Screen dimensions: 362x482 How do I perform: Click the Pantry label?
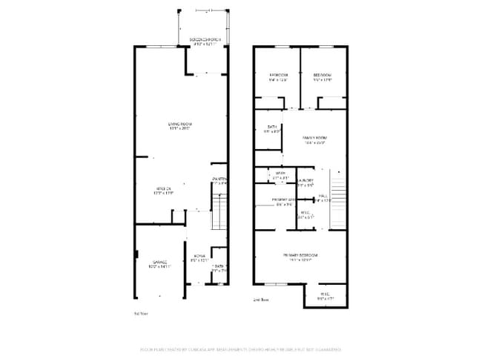tap(220, 180)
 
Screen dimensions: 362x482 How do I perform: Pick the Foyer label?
tap(199, 256)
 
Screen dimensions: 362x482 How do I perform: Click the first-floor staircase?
tap(219, 212)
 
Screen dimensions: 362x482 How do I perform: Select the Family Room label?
tap(315, 139)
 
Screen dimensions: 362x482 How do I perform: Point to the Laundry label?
tap(306, 180)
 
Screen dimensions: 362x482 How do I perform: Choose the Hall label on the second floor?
tap(323, 196)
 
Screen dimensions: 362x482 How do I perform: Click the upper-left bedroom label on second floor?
tap(278, 76)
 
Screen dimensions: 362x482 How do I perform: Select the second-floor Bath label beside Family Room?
tap(272, 128)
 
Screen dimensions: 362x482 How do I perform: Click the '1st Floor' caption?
tap(141, 314)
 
